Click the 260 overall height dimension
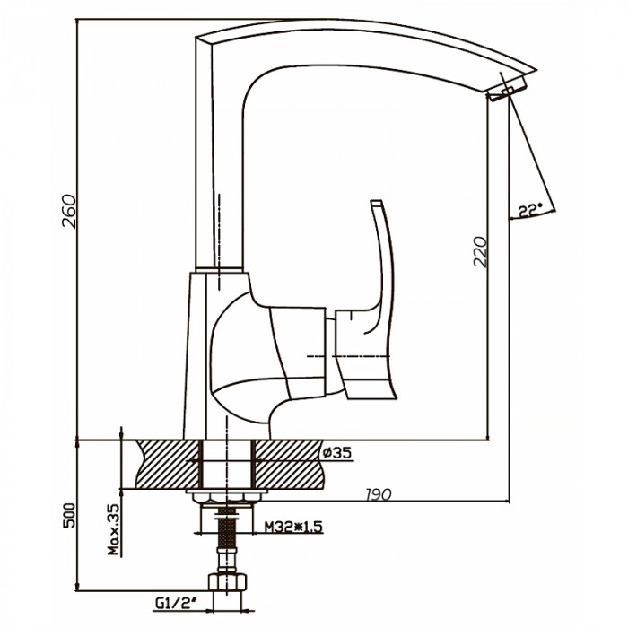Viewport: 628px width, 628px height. point(69,211)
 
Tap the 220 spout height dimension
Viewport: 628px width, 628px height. point(480,252)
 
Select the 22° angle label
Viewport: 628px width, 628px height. point(530,210)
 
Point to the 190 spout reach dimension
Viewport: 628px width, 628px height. point(379,494)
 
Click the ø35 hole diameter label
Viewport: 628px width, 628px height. point(336,453)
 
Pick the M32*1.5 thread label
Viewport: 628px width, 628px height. point(293,527)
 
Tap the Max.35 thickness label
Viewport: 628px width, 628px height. point(114,529)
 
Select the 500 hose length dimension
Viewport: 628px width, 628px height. point(69,515)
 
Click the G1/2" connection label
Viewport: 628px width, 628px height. point(175,603)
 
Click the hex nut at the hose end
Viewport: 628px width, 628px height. point(227,582)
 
